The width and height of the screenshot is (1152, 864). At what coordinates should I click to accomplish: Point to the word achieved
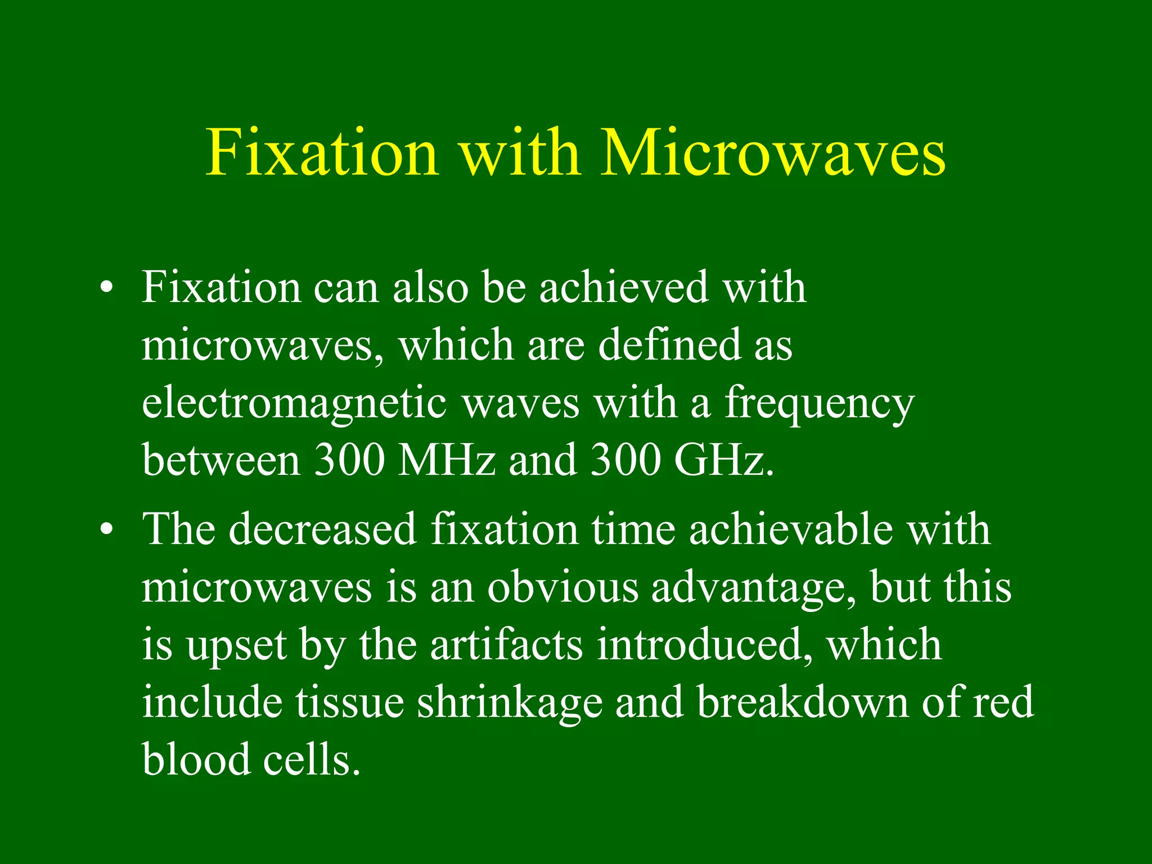coord(623,287)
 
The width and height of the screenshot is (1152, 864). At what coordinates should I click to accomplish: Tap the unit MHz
coord(446,460)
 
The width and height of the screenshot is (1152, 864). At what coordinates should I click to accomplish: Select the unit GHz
coord(723,460)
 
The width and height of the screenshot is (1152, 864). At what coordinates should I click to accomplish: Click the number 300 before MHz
coord(349,460)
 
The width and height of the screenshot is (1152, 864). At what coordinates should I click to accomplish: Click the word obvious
coord(562,588)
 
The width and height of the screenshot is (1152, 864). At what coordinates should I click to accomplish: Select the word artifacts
coord(506,645)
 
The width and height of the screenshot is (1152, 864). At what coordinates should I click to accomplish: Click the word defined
coord(669,344)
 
